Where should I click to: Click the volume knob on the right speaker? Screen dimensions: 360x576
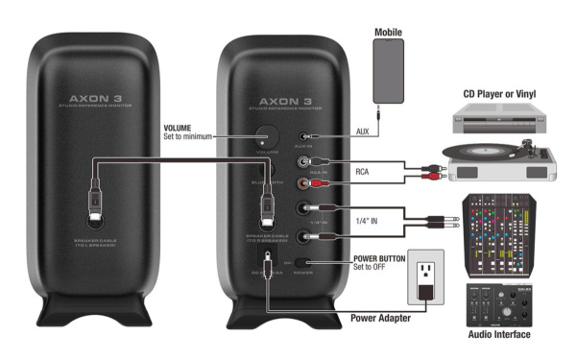coord(264,136)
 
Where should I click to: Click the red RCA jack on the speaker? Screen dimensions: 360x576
coord(304,180)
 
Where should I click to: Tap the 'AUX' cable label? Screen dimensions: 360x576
coord(362,131)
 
